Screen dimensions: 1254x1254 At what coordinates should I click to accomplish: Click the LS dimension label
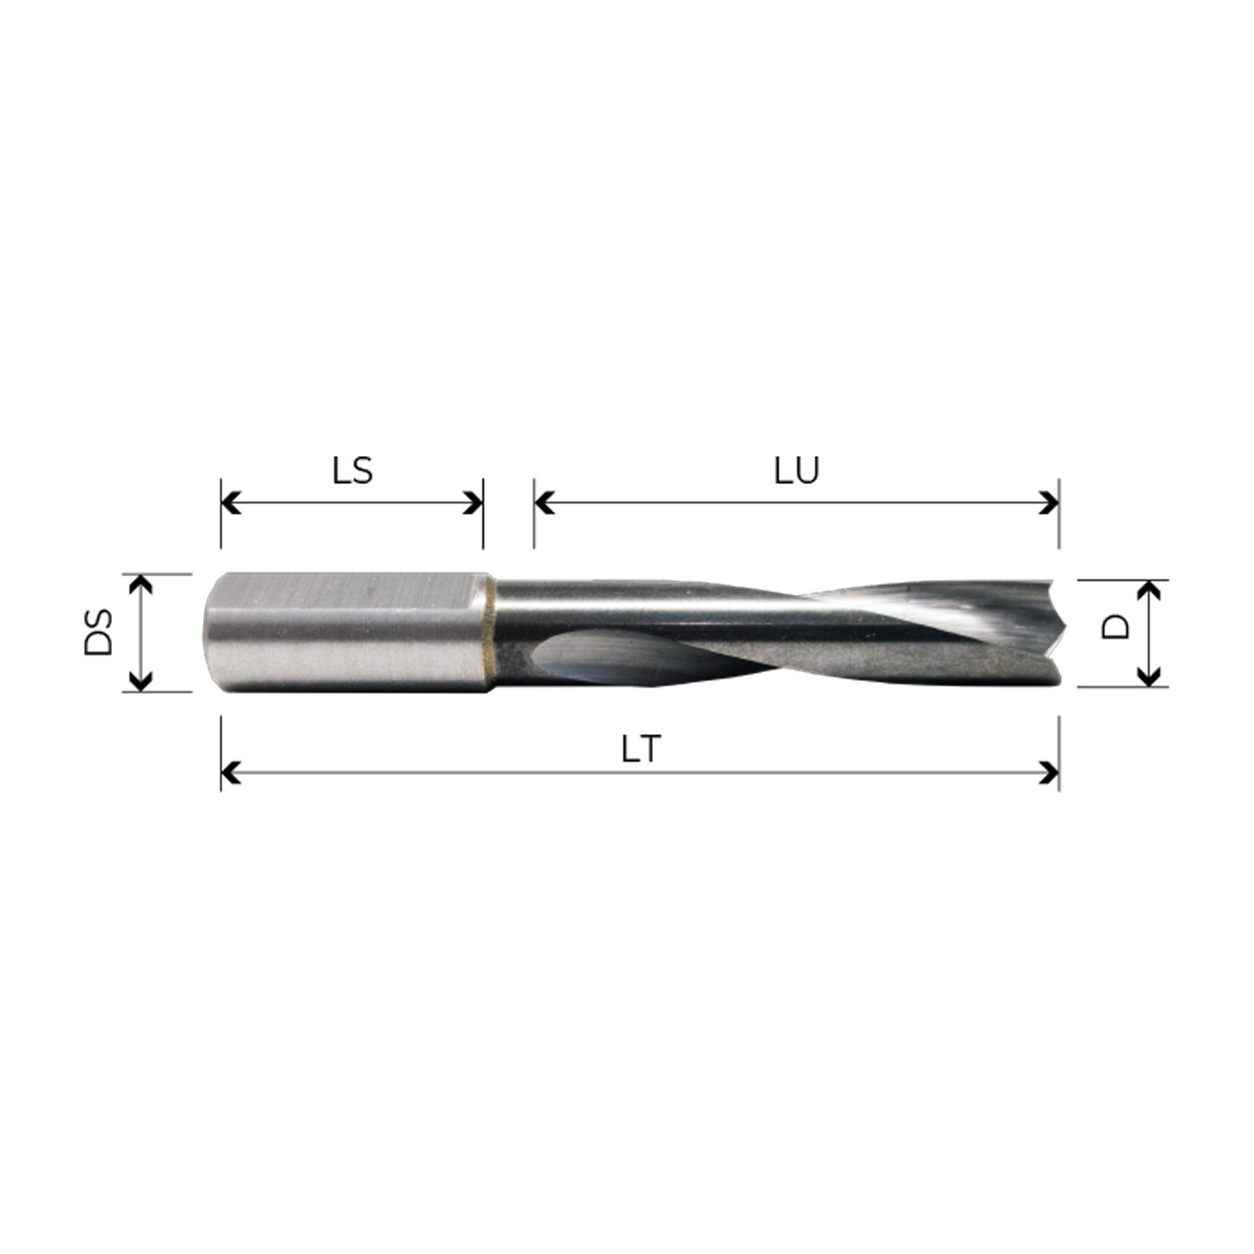352,472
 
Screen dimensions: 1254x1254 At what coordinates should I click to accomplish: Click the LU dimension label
797,472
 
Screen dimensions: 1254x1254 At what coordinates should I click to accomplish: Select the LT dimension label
641,751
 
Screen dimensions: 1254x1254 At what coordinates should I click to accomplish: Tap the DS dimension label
99,632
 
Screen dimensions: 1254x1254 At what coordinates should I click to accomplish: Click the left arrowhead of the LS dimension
229,503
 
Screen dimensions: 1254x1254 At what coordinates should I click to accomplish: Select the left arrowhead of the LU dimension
543,503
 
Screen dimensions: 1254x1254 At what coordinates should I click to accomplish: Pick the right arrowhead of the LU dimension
1050,503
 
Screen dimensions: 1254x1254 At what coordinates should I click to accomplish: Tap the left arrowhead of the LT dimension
229,773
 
